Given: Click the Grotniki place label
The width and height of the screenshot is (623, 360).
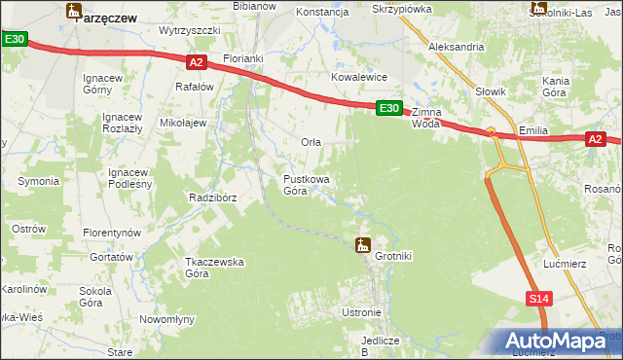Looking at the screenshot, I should (x=393, y=257).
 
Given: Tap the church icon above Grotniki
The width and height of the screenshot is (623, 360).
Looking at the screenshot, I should (x=363, y=244).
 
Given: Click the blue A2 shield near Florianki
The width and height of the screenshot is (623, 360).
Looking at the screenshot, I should (x=196, y=62).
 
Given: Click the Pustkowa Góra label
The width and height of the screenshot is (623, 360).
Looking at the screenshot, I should (x=306, y=185).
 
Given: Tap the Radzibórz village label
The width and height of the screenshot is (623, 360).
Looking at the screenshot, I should (x=213, y=198).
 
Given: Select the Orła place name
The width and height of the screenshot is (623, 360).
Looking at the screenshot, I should (x=311, y=142).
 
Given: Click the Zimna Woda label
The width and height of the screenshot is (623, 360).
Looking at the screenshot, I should (x=426, y=118).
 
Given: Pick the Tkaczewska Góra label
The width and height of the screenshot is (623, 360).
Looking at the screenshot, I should (x=213, y=268).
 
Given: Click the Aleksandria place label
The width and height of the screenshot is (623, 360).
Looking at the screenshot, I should (x=457, y=47).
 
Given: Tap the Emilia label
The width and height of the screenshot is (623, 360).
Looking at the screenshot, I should (x=534, y=129).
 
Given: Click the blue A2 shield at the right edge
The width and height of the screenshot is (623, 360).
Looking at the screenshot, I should (x=596, y=140).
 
